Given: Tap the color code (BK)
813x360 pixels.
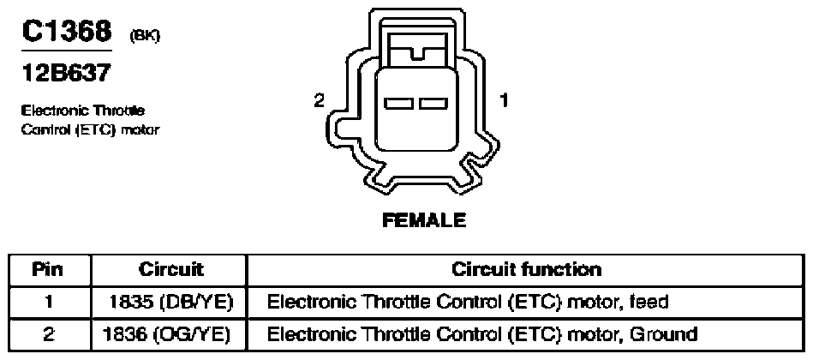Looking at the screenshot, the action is [x=144, y=36].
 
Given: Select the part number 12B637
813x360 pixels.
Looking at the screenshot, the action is [x=66, y=73].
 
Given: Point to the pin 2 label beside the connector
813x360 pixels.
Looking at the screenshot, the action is [x=319, y=100].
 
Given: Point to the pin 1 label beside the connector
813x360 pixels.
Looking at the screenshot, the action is [x=504, y=100].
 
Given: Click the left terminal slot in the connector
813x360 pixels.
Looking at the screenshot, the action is [x=398, y=104].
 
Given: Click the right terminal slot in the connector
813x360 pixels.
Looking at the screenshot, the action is [x=433, y=104].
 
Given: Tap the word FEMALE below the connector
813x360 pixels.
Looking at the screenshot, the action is [x=424, y=220].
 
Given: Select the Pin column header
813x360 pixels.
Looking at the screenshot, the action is [x=48, y=270].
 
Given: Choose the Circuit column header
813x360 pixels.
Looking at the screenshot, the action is [x=171, y=270].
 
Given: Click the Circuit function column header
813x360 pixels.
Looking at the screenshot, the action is [x=526, y=269].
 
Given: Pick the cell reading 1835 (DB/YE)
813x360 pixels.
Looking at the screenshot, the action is [x=170, y=302].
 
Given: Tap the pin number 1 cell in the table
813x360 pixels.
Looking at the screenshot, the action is [x=48, y=302].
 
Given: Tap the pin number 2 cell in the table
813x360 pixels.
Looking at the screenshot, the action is [x=48, y=334].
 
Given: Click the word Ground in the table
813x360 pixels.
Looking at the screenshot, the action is [x=664, y=334].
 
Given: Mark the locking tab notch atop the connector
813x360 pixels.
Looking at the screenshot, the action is [x=418, y=53].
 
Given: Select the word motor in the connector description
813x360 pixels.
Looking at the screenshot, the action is [x=140, y=129].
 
